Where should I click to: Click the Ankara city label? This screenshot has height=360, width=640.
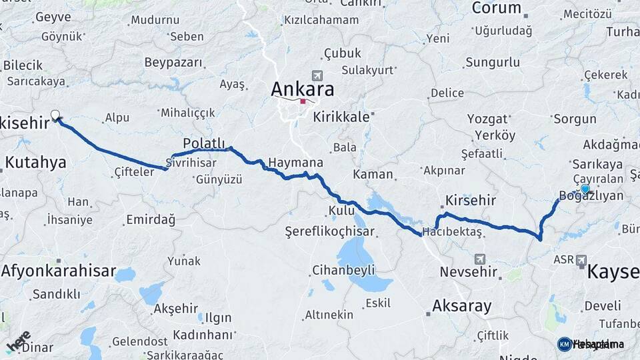[302, 89]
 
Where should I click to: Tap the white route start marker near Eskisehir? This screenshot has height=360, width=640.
[55, 115]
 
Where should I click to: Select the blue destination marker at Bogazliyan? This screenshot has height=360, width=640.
[585, 189]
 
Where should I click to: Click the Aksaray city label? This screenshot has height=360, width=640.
[461, 307]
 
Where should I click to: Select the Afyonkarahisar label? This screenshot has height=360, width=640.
[57, 272]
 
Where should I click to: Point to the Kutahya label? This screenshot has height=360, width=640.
[36, 162]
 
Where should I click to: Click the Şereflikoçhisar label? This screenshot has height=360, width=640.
[329, 232]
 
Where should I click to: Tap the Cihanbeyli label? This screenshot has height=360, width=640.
[343, 270]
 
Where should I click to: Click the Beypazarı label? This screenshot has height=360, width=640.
[173, 62]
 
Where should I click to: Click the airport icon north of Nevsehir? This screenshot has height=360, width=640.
[479, 258]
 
